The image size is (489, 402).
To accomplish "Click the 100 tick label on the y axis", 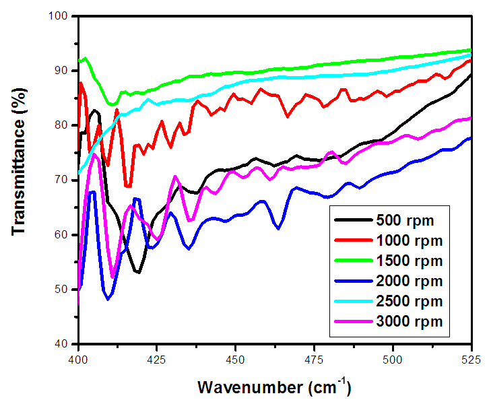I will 63,16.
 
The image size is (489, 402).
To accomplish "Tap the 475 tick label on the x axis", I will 314,357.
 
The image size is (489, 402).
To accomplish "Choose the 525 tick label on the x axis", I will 471,357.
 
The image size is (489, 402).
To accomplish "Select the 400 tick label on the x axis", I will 79,357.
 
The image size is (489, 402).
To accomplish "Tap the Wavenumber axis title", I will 274,388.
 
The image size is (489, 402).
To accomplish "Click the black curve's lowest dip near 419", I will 137,272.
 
